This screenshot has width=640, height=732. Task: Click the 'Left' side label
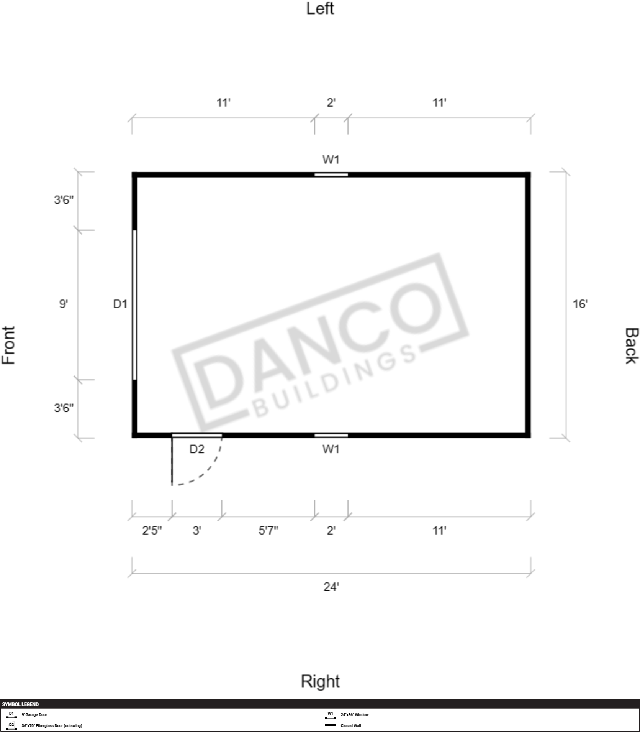pos(320,8)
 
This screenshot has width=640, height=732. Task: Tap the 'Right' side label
pos(320,681)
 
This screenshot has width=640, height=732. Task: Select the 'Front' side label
pos(8,345)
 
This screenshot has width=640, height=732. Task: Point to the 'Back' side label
pos(632,345)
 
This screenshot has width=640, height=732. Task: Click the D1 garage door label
pos(120,304)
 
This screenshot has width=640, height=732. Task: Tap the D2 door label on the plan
pos(197,449)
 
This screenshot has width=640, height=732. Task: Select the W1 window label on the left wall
pos(331,160)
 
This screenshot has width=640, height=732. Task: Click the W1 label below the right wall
pos(331,449)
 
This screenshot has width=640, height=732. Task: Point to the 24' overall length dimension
pos(331,587)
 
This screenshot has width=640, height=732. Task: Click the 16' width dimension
pos(580,304)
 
